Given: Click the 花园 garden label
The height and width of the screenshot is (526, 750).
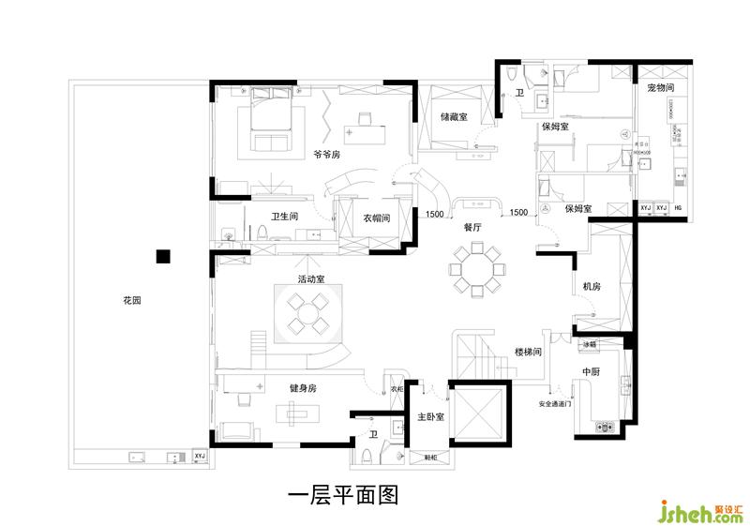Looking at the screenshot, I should pos(131,301).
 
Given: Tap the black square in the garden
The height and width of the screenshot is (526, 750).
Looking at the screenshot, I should pos(162,255).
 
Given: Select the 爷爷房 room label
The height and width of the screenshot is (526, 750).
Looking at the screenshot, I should pos(326,155).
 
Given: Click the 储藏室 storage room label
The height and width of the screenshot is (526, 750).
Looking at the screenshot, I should pos(454,118).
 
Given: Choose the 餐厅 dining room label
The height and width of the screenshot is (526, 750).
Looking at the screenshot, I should pos(472,227).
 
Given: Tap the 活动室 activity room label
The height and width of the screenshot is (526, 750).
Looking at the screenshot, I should pos(311,279).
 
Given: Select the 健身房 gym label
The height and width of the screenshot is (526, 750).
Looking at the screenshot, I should pos(303,387).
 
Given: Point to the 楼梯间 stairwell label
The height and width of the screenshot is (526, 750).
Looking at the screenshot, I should pos(529,352).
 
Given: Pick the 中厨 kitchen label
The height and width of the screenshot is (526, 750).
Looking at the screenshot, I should pos(592,372).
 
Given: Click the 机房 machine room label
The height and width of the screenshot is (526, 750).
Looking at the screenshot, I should pos(592,287).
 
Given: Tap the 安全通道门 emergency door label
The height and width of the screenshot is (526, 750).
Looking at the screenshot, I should pos(555,405).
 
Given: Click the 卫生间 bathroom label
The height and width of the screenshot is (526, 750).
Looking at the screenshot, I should pos(284,217).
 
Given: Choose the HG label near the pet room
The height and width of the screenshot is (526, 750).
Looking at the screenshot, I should pos(678,207).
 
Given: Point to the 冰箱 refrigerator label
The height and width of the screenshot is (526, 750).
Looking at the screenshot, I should pos(590,344).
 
